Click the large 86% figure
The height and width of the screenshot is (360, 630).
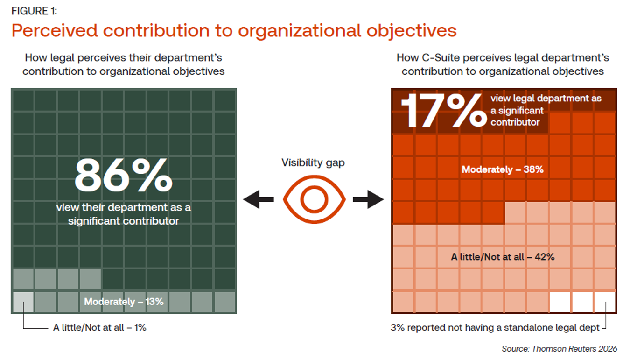[x=123, y=176]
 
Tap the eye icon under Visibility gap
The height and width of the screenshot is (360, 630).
[x=314, y=199]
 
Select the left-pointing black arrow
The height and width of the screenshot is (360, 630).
[x=259, y=200]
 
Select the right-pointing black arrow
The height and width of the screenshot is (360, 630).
[x=368, y=200]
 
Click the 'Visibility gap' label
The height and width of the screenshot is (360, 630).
[x=314, y=163]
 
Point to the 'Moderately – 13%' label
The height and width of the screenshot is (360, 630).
[x=124, y=302]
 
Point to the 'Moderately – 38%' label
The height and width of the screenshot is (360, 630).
[x=503, y=169]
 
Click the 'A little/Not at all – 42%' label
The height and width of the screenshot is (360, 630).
[x=503, y=256]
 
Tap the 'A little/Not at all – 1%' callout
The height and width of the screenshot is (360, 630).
[x=99, y=328]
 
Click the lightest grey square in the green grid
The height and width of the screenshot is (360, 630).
[x=23, y=302]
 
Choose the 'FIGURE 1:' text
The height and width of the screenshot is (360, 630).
[x=34, y=11]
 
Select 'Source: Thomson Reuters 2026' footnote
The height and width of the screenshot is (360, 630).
[x=559, y=349]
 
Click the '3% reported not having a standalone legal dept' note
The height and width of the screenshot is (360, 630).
[x=495, y=328]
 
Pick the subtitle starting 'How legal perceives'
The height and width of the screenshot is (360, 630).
[x=123, y=64]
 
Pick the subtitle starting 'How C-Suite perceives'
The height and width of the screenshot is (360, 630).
[x=503, y=64]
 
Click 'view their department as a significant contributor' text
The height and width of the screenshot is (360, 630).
[x=123, y=214]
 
